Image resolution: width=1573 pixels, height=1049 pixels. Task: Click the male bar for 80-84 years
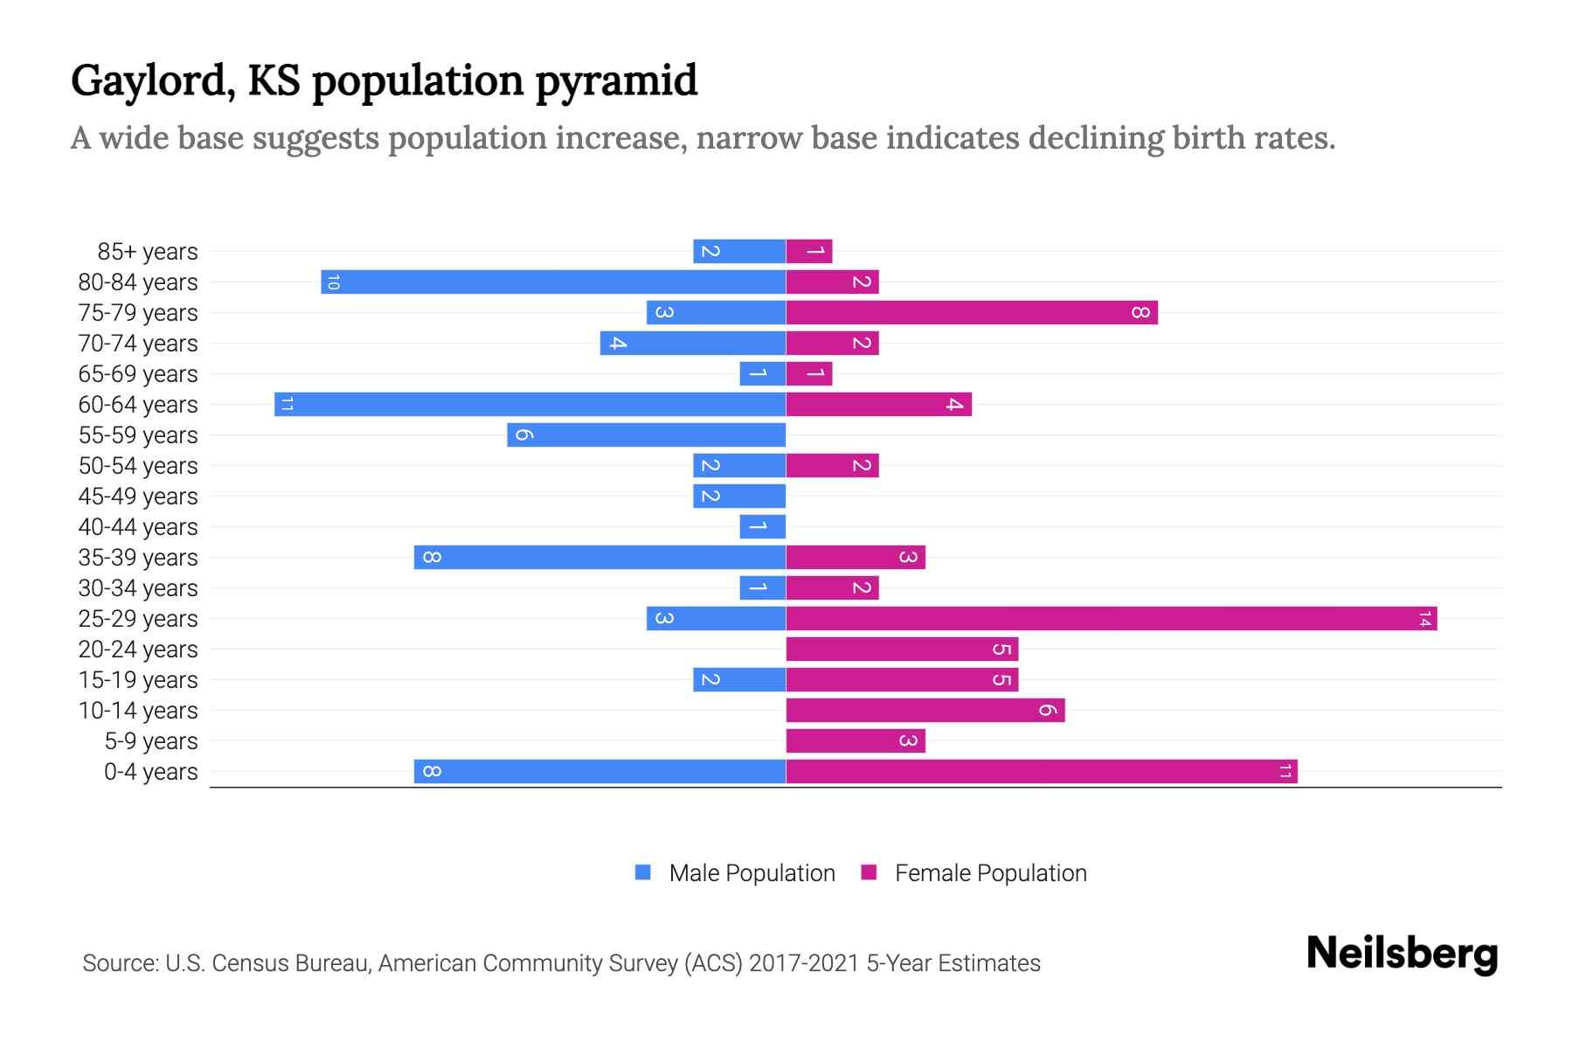pyautogui.click(x=553, y=281)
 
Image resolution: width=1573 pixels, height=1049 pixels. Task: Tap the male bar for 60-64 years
pyautogui.click(x=530, y=404)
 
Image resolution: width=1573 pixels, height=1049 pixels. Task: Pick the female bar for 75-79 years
pyautogui.click(x=971, y=312)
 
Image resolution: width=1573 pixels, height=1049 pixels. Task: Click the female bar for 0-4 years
pyautogui.click(x=1041, y=771)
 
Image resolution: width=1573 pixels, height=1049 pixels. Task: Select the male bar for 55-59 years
pyautogui.click(x=646, y=434)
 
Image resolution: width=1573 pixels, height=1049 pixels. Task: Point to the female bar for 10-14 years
pyautogui.click(x=925, y=710)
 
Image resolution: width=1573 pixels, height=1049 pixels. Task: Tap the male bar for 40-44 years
pyautogui.click(x=762, y=526)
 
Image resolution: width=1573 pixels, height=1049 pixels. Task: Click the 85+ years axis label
pyautogui.click(x=148, y=252)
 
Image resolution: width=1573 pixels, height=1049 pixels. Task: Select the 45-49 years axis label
pyautogui.click(x=138, y=497)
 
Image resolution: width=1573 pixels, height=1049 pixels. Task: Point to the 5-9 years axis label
pyautogui.click(x=150, y=741)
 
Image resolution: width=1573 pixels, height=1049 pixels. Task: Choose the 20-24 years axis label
pyautogui.click(x=138, y=650)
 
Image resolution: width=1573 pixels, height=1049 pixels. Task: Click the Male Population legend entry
pyautogui.click(x=751, y=872)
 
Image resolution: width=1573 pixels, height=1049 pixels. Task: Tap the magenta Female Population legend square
pyautogui.click(x=869, y=872)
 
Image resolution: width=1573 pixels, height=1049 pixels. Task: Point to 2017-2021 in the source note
pyautogui.click(x=804, y=963)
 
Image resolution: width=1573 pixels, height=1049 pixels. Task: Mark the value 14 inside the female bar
pyautogui.click(x=1424, y=619)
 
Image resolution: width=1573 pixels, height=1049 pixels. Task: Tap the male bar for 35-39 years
pyautogui.click(x=599, y=557)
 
